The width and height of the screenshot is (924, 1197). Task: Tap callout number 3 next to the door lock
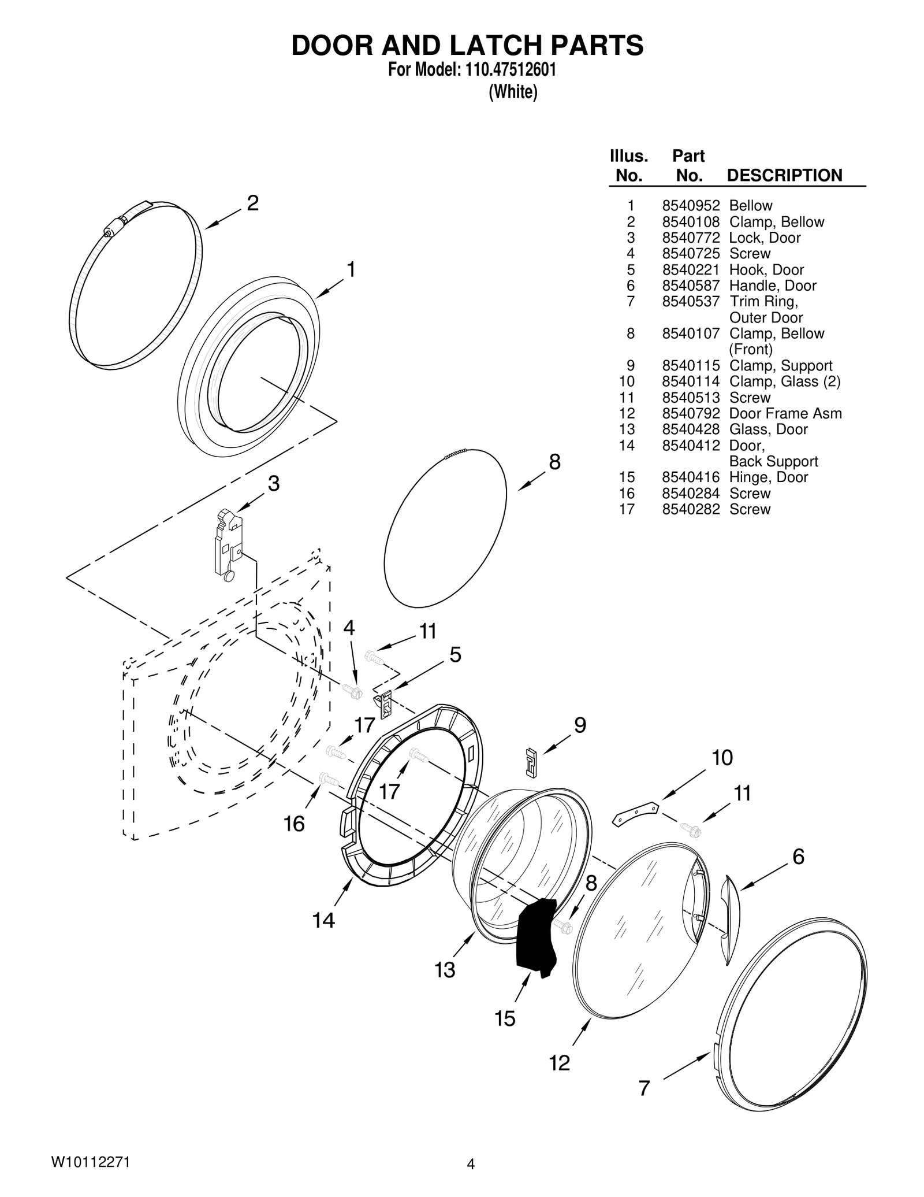click(x=274, y=483)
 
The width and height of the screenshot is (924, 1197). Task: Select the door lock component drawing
click(x=229, y=543)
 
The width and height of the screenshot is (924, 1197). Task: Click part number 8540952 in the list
click(x=690, y=206)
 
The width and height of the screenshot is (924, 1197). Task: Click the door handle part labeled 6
click(x=730, y=920)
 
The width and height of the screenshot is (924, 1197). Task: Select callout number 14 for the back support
click(x=323, y=920)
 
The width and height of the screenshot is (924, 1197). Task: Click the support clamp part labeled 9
click(x=531, y=761)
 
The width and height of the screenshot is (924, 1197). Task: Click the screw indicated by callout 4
click(x=351, y=690)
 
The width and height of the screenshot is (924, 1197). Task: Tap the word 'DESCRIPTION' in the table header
click(x=784, y=175)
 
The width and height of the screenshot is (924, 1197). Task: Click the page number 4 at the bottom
click(x=471, y=1164)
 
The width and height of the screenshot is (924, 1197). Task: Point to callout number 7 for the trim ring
click(x=644, y=1088)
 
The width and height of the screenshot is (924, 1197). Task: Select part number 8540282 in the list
click(x=690, y=509)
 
